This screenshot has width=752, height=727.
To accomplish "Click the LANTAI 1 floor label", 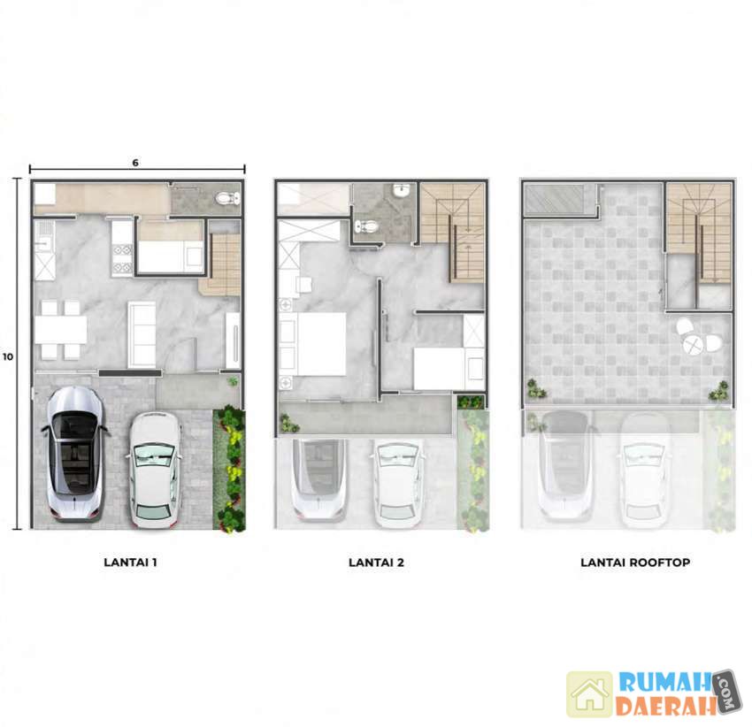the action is [130, 562].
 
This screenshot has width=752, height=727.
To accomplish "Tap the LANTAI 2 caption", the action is [377, 562].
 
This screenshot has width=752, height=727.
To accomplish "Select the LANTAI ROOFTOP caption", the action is [635, 562].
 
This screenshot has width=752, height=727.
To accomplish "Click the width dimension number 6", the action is [135, 163].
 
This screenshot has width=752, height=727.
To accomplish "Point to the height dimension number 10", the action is [8, 356].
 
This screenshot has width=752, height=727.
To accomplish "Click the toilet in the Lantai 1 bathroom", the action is [227, 197].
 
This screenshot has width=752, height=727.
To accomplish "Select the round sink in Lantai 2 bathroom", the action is [401, 191].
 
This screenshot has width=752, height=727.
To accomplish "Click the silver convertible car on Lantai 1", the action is [75, 454].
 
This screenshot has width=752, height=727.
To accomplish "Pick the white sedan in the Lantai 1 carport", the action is [156, 470].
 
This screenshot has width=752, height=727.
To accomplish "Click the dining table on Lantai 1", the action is [61, 330].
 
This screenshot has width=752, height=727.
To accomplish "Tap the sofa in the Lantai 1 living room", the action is [142, 334].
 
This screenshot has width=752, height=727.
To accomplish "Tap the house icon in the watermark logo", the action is [590, 694].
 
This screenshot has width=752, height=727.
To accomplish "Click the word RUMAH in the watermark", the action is [664, 682].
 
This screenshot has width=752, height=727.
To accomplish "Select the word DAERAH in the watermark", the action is [665, 706].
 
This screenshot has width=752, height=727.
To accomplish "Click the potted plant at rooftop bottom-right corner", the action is [719, 392].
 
